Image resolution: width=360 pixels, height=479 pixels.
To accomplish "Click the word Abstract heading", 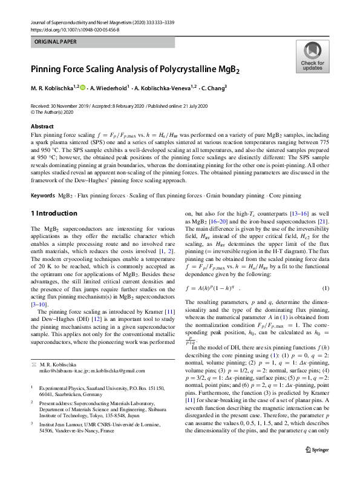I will point(42,126).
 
